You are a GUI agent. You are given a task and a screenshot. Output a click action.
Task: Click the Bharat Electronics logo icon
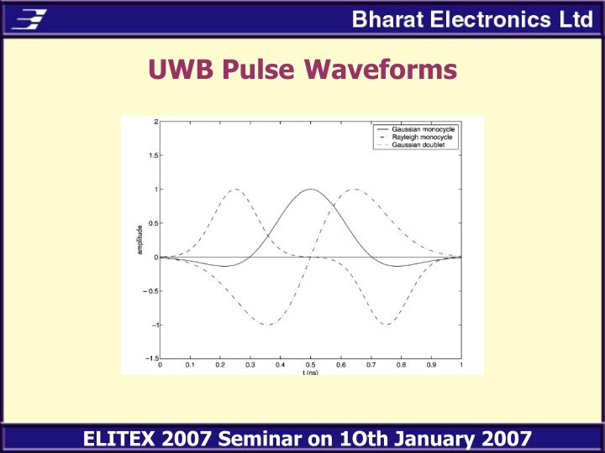[30, 18]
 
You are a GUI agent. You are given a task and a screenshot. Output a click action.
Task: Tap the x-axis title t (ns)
[310, 372]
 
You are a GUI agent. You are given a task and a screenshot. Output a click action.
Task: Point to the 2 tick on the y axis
[155, 122]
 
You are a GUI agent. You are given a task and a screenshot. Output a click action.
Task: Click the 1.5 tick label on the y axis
[151, 155]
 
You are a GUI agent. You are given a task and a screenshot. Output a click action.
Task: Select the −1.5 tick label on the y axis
[150, 358]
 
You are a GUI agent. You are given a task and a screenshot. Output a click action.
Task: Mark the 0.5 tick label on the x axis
[310, 365]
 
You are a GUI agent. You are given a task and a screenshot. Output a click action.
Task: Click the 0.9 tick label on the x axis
[430, 365]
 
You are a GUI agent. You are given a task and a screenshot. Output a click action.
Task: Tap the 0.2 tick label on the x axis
[220, 365]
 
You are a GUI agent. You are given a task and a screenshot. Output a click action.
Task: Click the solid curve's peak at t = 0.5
[310, 190]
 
